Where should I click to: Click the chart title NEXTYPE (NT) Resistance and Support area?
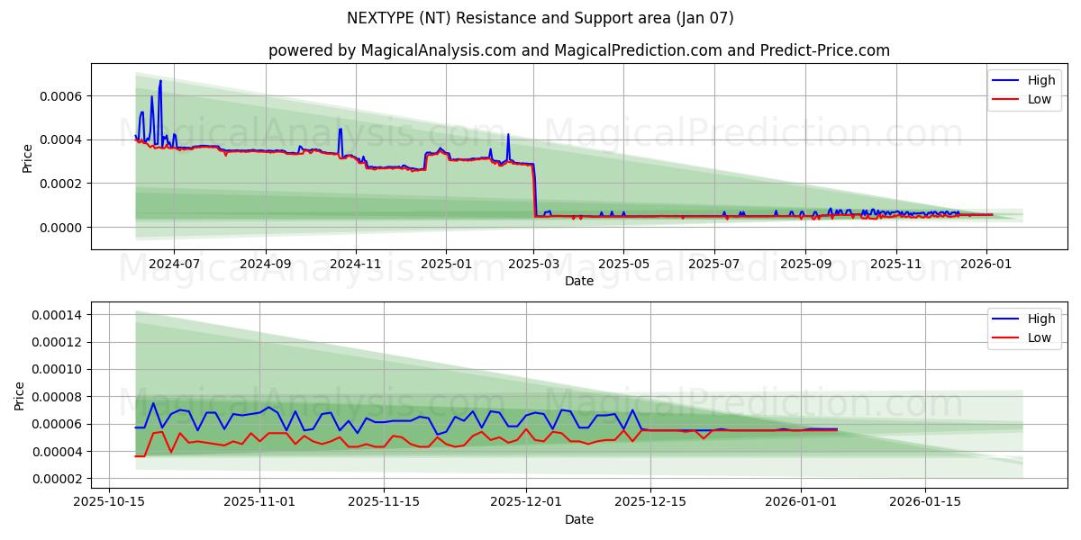point(540,18)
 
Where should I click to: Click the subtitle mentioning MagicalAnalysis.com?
point(578,50)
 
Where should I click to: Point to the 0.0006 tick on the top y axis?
point(58,96)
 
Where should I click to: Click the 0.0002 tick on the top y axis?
point(58,184)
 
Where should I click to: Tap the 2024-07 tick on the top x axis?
point(173,264)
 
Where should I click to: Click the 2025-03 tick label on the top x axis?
point(534,264)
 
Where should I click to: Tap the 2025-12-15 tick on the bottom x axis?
point(662,502)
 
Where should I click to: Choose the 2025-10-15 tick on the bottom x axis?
point(109,502)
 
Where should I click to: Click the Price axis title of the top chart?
point(27,158)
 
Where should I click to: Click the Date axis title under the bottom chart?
point(578,519)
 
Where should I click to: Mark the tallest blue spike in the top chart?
point(160,82)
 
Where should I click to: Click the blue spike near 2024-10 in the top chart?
point(340,130)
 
